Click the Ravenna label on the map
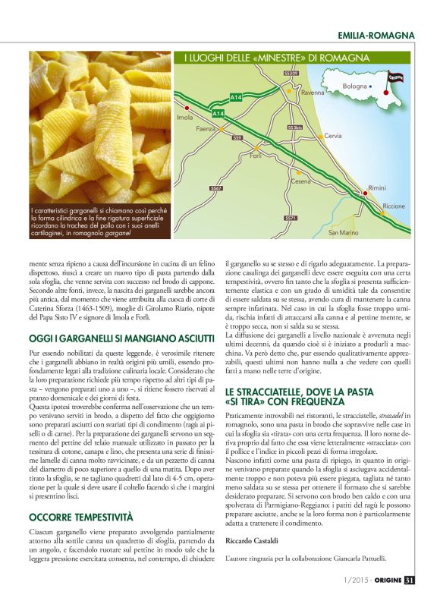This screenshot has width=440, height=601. point(313,93)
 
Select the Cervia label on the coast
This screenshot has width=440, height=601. point(332,136)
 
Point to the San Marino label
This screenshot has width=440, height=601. point(343,232)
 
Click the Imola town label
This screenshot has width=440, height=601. point(184,118)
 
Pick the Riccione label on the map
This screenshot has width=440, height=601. point(394,206)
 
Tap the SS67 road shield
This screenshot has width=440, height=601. point(217,188)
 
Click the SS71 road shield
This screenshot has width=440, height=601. point(291,218)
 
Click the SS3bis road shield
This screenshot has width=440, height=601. point(296,127)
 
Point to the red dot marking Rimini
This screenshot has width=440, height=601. point(366,194)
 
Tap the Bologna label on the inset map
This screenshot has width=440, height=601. point(354,87)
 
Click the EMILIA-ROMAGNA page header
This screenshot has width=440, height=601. point(376,36)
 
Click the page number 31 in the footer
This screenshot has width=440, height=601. point(409,581)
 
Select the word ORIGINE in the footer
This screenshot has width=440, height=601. point(382,581)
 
